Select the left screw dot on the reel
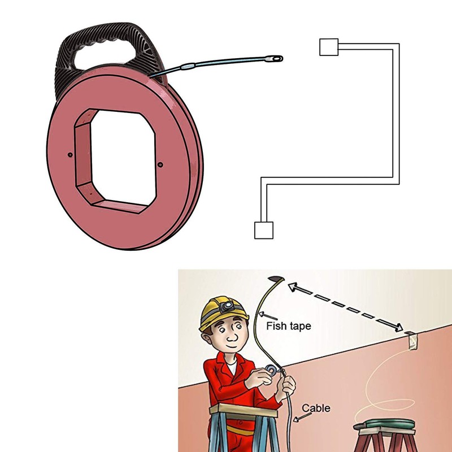click(x=70, y=155)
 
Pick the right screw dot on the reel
click(x=160, y=164)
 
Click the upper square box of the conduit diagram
click(x=329, y=47)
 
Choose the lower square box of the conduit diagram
click(x=263, y=230)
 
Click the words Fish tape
click(x=289, y=326)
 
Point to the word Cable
click(x=316, y=408)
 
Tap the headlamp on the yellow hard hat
click(x=227, y=306)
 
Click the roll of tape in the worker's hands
click(x=271, y=370)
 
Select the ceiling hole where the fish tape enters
click(x=276, y=279)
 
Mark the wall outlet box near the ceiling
click(x=412, y=341)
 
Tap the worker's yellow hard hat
click(x=223, y=313)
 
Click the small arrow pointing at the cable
click(x=302, y=417)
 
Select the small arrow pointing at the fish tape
click(x=267, y=316)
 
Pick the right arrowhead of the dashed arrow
click(x=398, y=327)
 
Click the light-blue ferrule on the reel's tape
click(x=188, y=67)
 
